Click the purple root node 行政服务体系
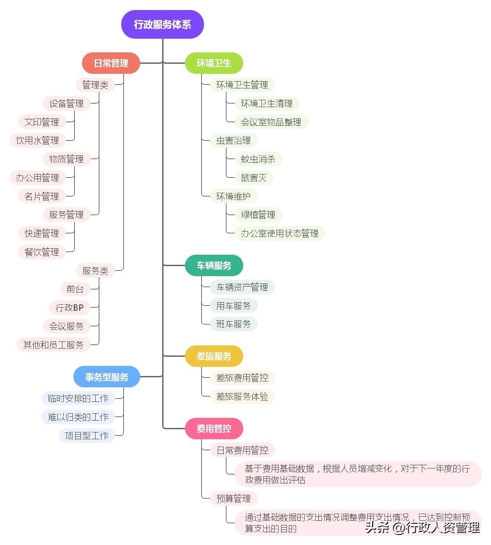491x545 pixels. [x=162, y=25]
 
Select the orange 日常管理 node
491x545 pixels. [x=111, y=63]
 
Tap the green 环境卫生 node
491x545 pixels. [x=214, y=63]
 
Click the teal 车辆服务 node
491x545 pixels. [x=214, y=265]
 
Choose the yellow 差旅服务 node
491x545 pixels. [x=214, y=356]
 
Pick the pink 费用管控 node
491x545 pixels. [x=214, y=428]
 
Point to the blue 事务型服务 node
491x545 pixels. [x=107, y=377]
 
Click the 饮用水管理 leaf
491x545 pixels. [x=37, y=140]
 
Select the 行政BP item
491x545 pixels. [x=70, y=308]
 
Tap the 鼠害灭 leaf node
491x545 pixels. [x=254, y=178]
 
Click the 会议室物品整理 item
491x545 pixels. [x=271, y=122]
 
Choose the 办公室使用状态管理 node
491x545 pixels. [x=280, y=233]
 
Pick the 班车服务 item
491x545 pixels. [x=233, y=324]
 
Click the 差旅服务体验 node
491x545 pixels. [x=242, y=396]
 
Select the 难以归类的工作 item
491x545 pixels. [x=78, y=417]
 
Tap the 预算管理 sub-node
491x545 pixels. [x=233, y=499]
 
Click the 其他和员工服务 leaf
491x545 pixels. [x=53, y=345]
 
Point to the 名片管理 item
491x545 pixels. [x=41, y=196]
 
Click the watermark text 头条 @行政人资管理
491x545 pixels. [x=422, y=528]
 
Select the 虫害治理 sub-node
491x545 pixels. [x=233, y=140]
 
